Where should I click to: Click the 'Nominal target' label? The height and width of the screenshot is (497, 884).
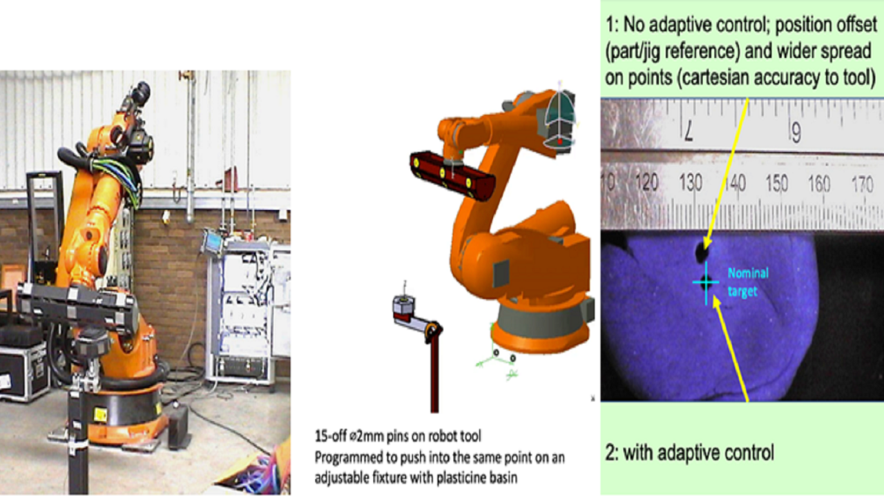[747, 282]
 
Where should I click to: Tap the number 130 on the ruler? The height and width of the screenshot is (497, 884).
[691, 184]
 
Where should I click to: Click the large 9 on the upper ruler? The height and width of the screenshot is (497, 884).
[796, 132]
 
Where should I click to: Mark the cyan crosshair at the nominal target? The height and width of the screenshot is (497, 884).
[706, 282]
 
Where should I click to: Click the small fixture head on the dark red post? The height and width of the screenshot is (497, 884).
[403, 305]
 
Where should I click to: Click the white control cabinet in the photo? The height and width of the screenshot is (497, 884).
[238, 311]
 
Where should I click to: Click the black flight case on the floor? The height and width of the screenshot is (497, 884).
[24, 373]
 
